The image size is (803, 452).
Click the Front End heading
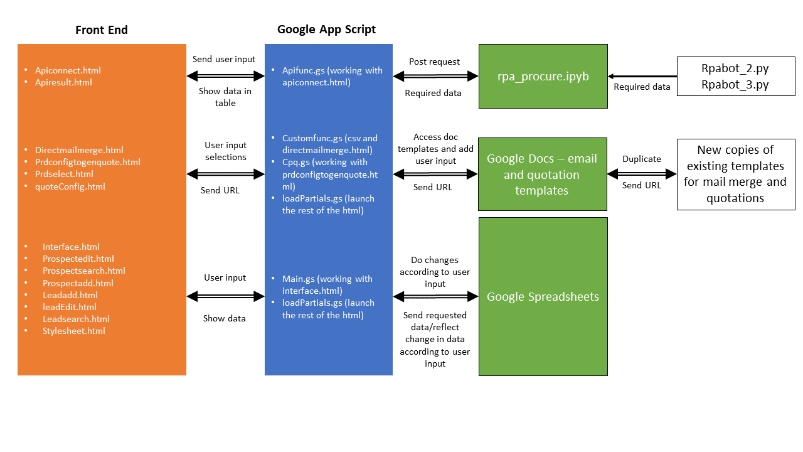[102, 30]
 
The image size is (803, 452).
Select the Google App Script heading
[326, 30]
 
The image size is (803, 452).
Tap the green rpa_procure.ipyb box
[543, 76]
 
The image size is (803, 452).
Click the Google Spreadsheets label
[543, 297]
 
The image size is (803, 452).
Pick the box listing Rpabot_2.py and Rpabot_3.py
[735, 77]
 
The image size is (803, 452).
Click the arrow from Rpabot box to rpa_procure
[642, 76]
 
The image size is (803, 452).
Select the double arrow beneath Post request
[435, 76]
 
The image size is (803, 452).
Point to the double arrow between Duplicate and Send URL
[642, 173]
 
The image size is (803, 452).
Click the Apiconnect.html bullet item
[68, 71]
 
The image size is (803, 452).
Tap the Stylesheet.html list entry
[73, 331]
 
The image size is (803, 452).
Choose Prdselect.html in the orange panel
[64, 174]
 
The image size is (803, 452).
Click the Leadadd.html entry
[70, 295]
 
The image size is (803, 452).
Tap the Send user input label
[224, 59]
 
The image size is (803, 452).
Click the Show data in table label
[225, 97]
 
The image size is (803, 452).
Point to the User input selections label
[225, 151]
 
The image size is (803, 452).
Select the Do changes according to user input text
[435, 272]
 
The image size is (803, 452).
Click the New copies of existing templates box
[735, 174]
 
